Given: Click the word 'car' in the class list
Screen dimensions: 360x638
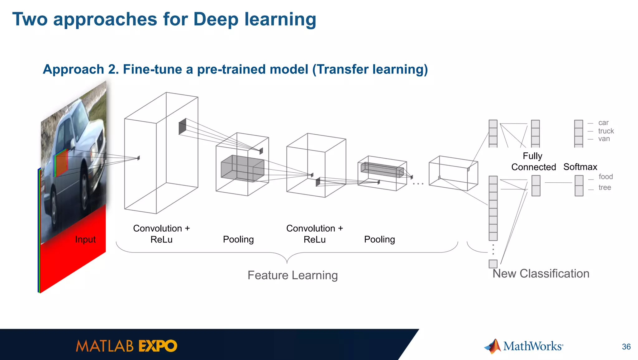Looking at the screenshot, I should click(x=603, y=123).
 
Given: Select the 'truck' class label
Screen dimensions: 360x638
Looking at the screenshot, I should click(x=606, y=131).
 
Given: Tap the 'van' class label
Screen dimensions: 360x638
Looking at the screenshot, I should click(x=604, y=139).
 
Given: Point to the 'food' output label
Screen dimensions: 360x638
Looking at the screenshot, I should click(x=606, y=177).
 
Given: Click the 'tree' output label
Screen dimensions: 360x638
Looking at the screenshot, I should click(x=605, y=187).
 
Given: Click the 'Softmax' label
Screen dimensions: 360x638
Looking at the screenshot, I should click(x=580, y=167).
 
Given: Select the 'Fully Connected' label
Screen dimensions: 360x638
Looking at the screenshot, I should click(x=533, y=161).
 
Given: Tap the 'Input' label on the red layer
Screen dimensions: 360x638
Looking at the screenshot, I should click(x=85, y=239).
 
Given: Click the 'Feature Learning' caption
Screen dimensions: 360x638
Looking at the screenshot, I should click(x=293, y=275).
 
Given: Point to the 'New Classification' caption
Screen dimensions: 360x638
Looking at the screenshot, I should click(x=541, y=274).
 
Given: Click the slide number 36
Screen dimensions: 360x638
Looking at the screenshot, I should click(x=626, y=347).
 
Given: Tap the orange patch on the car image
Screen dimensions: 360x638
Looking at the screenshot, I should click(x=62, y=163).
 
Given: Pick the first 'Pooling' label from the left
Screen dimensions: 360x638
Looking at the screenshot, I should click(x=238, y=239).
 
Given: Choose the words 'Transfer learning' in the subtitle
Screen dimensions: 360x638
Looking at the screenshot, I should click(x=370, y=69).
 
